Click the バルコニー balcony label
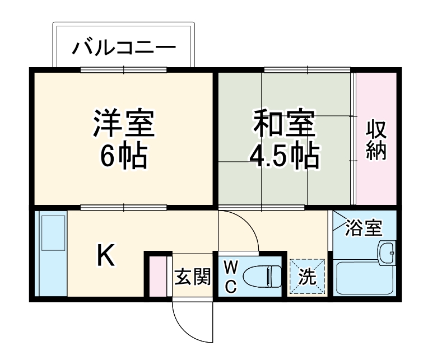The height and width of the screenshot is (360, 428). point(124,47)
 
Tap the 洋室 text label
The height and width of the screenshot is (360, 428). point(124,124)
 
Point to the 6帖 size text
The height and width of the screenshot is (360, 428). point(124,157)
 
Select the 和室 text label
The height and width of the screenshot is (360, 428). point(284,124)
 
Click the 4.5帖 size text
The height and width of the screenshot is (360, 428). point(284,157)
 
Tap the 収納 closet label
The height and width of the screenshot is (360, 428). point(377,139)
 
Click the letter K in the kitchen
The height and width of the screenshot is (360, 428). point(106,256)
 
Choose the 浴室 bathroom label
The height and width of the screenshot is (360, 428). point(364,228)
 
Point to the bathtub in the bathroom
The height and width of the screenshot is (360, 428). point(364,280)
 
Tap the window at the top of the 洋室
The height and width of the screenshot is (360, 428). point(124,70)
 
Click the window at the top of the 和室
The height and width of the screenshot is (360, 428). point(308,70)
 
